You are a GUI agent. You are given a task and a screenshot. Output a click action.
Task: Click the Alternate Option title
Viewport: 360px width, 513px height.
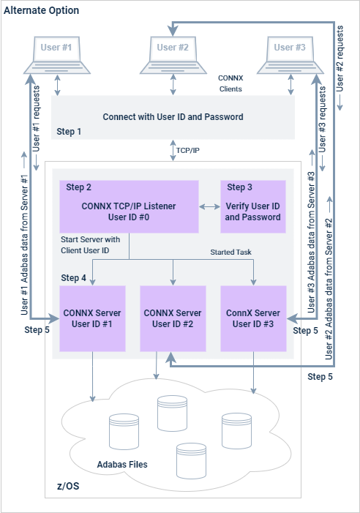click(42, 11)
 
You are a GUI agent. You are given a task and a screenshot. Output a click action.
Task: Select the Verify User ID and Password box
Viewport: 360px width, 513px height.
click(252, 206)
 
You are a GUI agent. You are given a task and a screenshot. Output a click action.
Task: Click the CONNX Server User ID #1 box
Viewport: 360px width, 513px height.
click(92, 318)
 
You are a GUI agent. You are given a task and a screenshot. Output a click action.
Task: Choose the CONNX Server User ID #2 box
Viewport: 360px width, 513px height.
click(173, 318)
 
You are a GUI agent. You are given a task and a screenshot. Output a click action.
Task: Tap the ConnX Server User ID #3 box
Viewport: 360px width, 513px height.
click(252, 318)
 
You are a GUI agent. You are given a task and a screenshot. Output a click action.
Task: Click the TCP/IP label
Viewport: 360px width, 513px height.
click(187, 149)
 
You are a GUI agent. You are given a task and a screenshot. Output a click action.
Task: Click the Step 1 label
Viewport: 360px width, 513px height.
click(70, 131)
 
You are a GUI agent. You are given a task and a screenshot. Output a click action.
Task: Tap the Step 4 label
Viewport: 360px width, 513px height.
click(73, 278)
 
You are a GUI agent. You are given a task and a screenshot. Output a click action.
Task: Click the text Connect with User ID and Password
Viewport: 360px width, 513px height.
click(173, 116)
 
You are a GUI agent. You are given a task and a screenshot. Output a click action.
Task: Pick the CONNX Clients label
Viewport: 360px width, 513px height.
click(230, 83)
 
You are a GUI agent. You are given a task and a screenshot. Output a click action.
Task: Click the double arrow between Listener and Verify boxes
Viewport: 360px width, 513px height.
click(209, 207)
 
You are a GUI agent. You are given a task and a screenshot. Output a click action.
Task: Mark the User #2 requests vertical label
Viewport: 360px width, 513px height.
click(341, 73)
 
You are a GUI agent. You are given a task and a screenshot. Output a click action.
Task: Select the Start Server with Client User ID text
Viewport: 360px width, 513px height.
click(91, 245)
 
